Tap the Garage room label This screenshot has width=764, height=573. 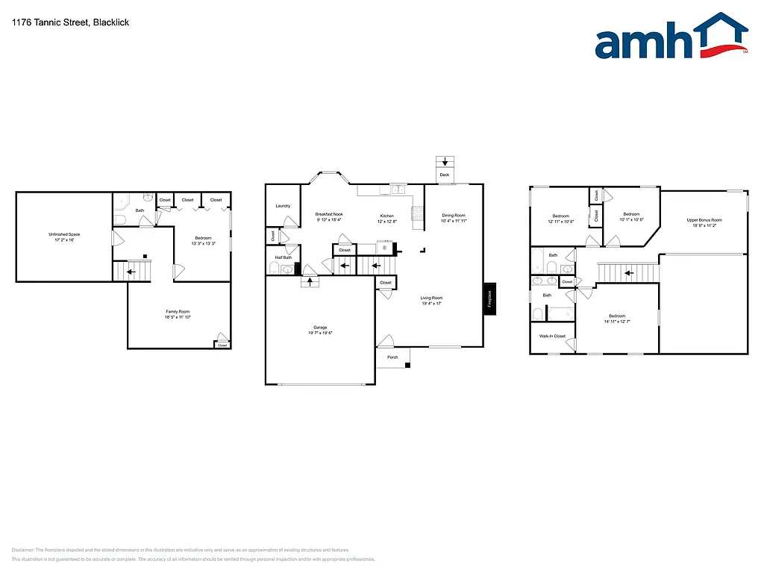pyautogui.click(x=320, y=328)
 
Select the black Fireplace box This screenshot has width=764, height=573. pyautogui.click(x=489, y=298)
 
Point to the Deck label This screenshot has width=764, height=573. pyautogui.click(x=445, y=175)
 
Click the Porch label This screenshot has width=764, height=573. pyautogui.click(x=392, y=357)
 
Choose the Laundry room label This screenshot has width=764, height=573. pyautogui.click(x=283, y=206)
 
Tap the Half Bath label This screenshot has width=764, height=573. pyautogui.click(x=282, y=257)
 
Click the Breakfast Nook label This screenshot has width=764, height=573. pyautogui.click(x=329, y=215)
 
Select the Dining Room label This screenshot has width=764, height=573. pyautogui.click(x=453, y=215)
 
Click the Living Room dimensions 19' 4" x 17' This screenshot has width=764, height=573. pyautogui.click(x=431, y=304)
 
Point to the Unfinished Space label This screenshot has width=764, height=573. pyautogui.click(x=64, y=235)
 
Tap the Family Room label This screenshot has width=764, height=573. pyautogui.click(x=178, y=311)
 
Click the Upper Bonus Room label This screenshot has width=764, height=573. pyautogui.click(x=704, y=220)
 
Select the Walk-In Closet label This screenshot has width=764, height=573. pyautogui.click(x=552, y=336)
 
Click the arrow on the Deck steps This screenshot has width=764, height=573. pyautogui.click(x=445, y=161)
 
